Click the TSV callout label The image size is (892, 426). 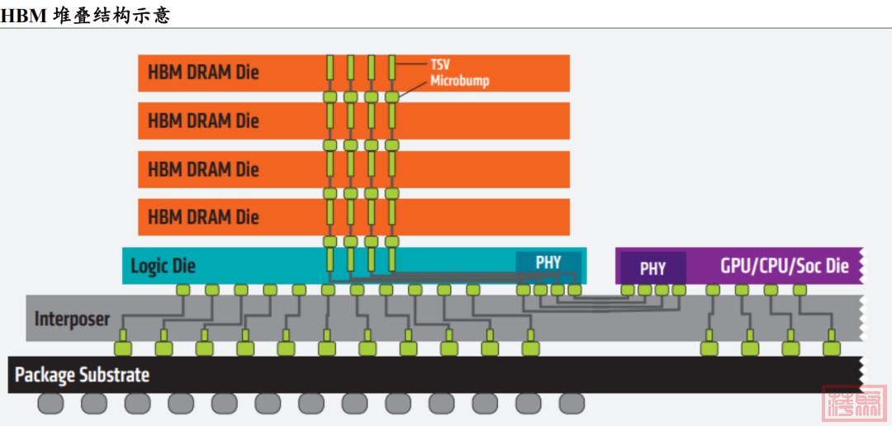439,64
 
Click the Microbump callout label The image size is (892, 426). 459,81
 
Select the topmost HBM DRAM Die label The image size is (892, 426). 203,73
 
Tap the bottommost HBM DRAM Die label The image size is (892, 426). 203,217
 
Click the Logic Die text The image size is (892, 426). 164,267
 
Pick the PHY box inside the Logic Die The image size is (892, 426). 548,263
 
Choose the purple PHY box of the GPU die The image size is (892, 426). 652,268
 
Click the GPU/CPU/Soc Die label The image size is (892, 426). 784,266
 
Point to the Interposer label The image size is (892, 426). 72,319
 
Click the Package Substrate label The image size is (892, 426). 82,375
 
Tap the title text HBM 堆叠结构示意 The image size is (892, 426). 85,14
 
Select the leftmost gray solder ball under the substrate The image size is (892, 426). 51,404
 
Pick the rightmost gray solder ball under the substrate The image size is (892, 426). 571,404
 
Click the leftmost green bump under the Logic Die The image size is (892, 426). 183,290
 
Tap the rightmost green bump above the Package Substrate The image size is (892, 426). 832,348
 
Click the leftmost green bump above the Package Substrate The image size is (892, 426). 122,348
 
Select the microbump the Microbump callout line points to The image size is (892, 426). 391,97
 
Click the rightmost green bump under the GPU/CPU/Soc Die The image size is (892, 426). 799,290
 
